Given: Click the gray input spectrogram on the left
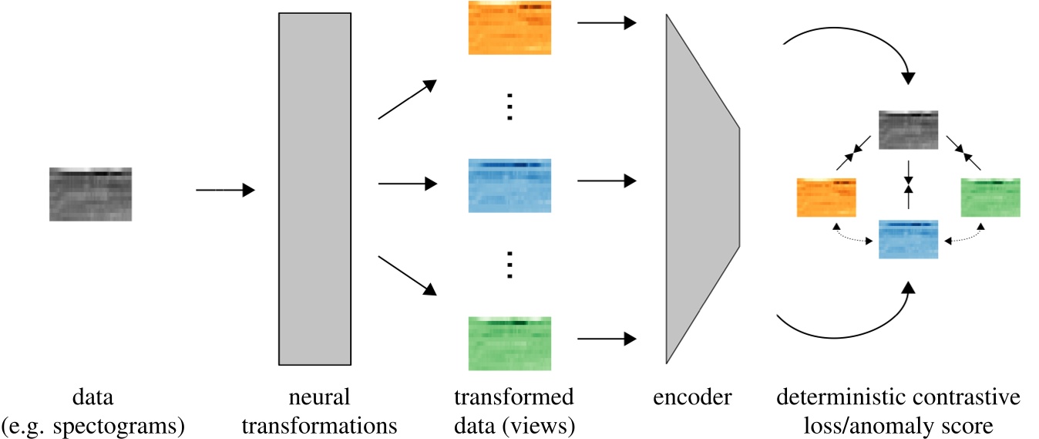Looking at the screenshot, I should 90,194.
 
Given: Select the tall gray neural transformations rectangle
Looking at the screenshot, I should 314,189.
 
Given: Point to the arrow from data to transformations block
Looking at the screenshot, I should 225,190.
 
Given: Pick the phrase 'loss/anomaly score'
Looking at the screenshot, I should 898,425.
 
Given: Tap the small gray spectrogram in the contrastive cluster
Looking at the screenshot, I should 910,130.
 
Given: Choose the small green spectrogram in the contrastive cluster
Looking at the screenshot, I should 990,198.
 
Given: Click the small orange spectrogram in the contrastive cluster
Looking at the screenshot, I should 826,198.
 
